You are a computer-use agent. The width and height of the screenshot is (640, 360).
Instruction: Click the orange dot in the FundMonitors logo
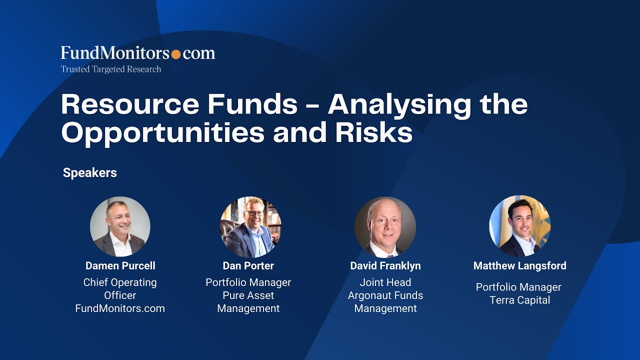coord(176,54)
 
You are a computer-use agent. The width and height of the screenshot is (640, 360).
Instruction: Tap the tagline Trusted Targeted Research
coord(111,69)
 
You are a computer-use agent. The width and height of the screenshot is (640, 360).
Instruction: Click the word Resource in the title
coord(129,104)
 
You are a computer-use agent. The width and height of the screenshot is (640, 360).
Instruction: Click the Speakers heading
coord(90,173)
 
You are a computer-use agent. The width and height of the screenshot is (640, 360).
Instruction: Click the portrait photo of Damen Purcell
coord(120,226)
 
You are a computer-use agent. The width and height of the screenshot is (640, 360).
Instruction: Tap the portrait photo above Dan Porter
coord(250,226)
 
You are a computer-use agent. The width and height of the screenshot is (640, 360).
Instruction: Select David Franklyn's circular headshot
coord(385,227)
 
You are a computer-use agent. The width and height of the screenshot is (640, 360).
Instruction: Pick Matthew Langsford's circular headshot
coord(519,226)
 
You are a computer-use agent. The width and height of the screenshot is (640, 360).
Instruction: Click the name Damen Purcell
coord(120,266)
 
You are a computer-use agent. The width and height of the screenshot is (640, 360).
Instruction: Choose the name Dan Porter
coord(248,266)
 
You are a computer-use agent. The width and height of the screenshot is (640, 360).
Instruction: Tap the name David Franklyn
coord(385,266)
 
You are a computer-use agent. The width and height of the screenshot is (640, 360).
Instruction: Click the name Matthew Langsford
coord(520,266)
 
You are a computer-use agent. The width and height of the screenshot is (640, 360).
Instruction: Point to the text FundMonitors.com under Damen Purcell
coord(120,308)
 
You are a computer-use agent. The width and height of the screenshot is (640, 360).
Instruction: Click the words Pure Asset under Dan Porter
coord(248,295)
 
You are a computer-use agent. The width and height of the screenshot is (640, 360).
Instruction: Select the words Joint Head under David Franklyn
coord(385,282)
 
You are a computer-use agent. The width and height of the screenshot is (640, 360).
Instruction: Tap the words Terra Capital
coord(520,300)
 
